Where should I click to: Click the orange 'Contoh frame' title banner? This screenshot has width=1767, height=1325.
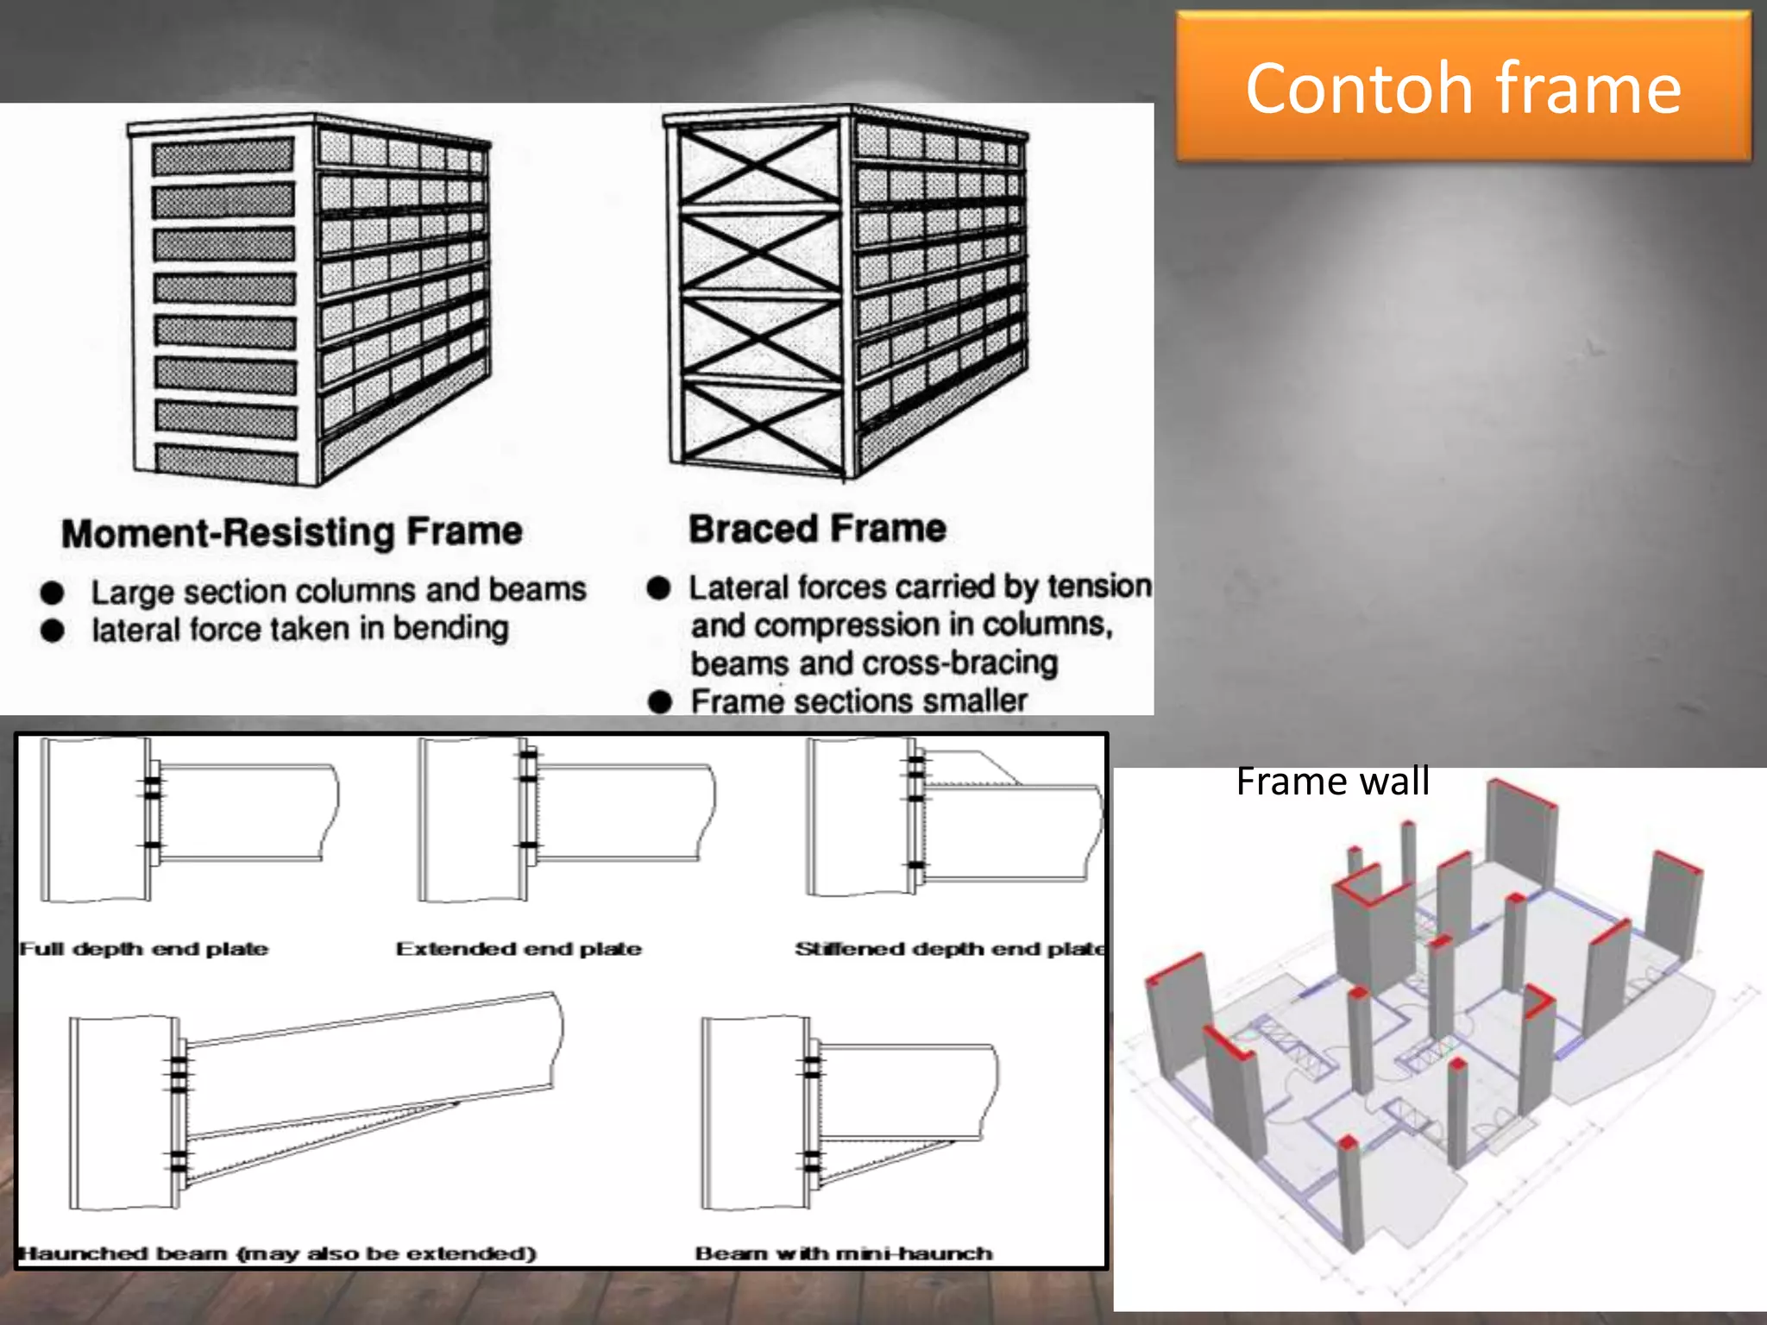pos(1463,86)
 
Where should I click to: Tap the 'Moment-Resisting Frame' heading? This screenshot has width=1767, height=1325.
pos(292,532)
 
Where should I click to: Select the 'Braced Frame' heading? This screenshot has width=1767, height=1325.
pos(817,528)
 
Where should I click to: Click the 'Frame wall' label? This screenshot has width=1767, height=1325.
pos(1332,782)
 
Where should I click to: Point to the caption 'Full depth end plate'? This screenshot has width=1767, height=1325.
pos(144,949)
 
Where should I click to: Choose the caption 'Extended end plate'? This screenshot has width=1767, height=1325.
pos(519,949)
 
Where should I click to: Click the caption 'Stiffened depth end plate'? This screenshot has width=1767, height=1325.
pos(950,949)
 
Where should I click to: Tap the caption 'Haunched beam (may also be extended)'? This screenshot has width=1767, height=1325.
pos(278,1253)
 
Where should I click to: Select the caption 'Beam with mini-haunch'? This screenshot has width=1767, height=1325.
pos(844,1253)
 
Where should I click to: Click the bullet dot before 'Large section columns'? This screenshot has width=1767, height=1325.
pos(53,593)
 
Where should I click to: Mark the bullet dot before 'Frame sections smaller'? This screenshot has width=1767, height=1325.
pos(660,701)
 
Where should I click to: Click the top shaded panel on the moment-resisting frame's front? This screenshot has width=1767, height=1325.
pos(223,157)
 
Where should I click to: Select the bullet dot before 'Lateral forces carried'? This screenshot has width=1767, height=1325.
pos(659,588)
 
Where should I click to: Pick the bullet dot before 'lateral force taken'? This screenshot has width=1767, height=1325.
pos(53,631)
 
